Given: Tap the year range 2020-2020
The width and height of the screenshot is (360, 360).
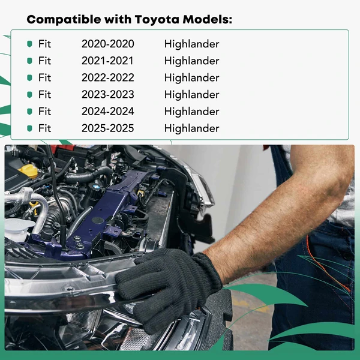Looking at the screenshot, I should [108, 44].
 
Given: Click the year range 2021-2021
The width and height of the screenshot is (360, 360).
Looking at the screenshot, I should [108, 61].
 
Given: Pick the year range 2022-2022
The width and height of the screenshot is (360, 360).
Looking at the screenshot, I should [108, 77].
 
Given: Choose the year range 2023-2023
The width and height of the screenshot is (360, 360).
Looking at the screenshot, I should [108, 94].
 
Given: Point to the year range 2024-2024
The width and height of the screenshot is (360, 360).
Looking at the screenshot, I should [108, 111].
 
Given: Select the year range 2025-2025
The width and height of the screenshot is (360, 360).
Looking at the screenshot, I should [108, 128].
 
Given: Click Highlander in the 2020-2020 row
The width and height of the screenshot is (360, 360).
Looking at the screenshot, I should [191, 44].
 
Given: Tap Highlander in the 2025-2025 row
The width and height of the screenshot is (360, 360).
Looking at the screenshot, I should [191, 128].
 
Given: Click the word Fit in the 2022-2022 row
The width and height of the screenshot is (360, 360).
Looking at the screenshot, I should [45, 77].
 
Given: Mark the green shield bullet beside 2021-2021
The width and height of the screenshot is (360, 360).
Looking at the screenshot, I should [29, 61].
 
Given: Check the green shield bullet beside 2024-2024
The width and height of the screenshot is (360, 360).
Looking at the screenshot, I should [29, 111].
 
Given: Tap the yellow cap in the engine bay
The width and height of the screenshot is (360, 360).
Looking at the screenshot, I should [28, 170].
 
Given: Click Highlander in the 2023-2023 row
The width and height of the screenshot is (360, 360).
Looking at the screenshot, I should [191, 94].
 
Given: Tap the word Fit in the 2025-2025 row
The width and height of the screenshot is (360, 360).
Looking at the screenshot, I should [45, 128].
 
